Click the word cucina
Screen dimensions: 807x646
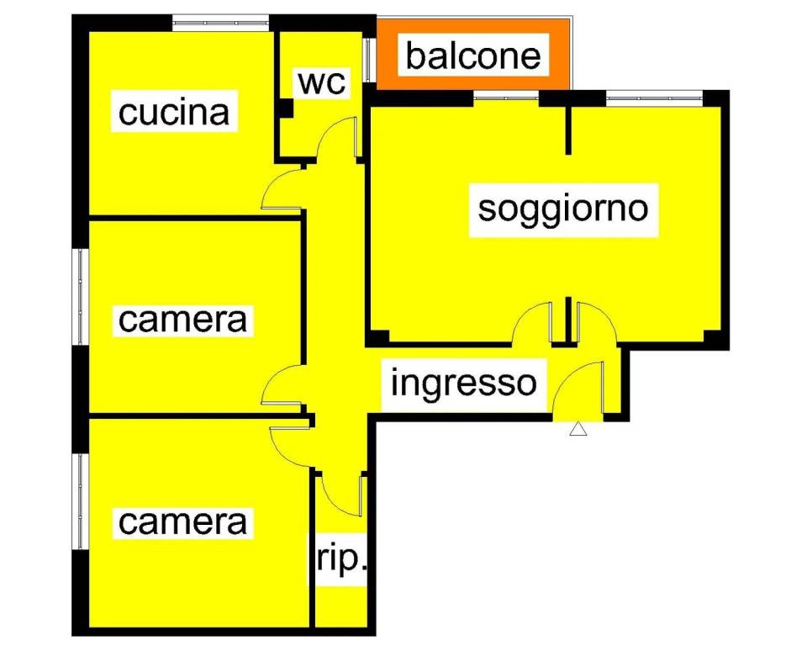click(x=174, y=113)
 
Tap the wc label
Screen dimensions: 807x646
click(x=322, y=82)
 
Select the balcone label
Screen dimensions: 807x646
click(x=473, y=56)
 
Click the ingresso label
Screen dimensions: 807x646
click(x=464, y=384)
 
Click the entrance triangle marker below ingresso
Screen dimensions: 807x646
click(x=578, y=429)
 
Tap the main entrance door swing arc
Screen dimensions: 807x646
click(x=577, y=388)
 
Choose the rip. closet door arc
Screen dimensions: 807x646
click(x=339, y=495)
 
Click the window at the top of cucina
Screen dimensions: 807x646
click(x=220, y=22)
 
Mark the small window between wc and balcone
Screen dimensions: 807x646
click(x=368, y=60)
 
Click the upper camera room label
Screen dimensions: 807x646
click(x=182, y=320)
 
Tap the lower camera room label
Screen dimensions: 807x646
click(x=182, y=522)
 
